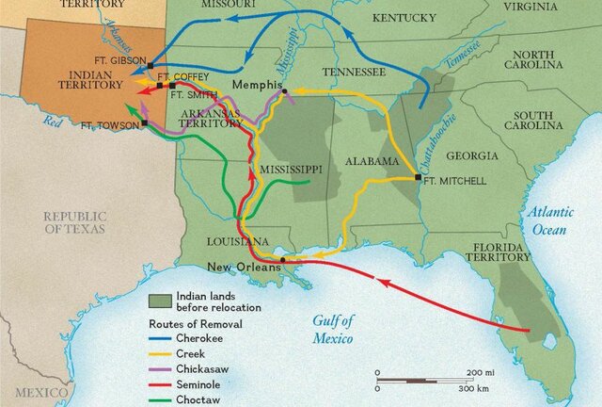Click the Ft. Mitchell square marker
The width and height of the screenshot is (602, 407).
click(x=418, y=176)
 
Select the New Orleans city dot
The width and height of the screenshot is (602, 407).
click(x=283, y=259)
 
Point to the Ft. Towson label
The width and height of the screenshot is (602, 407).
click(x=110, y=124)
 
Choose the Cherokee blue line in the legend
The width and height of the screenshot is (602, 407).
click(x=163, y=336)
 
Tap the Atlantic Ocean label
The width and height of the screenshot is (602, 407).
click(x=554, y=221)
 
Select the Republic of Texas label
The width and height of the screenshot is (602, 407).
click(x=74, y=222)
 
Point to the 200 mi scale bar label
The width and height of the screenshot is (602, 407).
click(x=480, y=372)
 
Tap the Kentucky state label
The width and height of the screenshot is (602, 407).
click(x=404, y=18)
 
